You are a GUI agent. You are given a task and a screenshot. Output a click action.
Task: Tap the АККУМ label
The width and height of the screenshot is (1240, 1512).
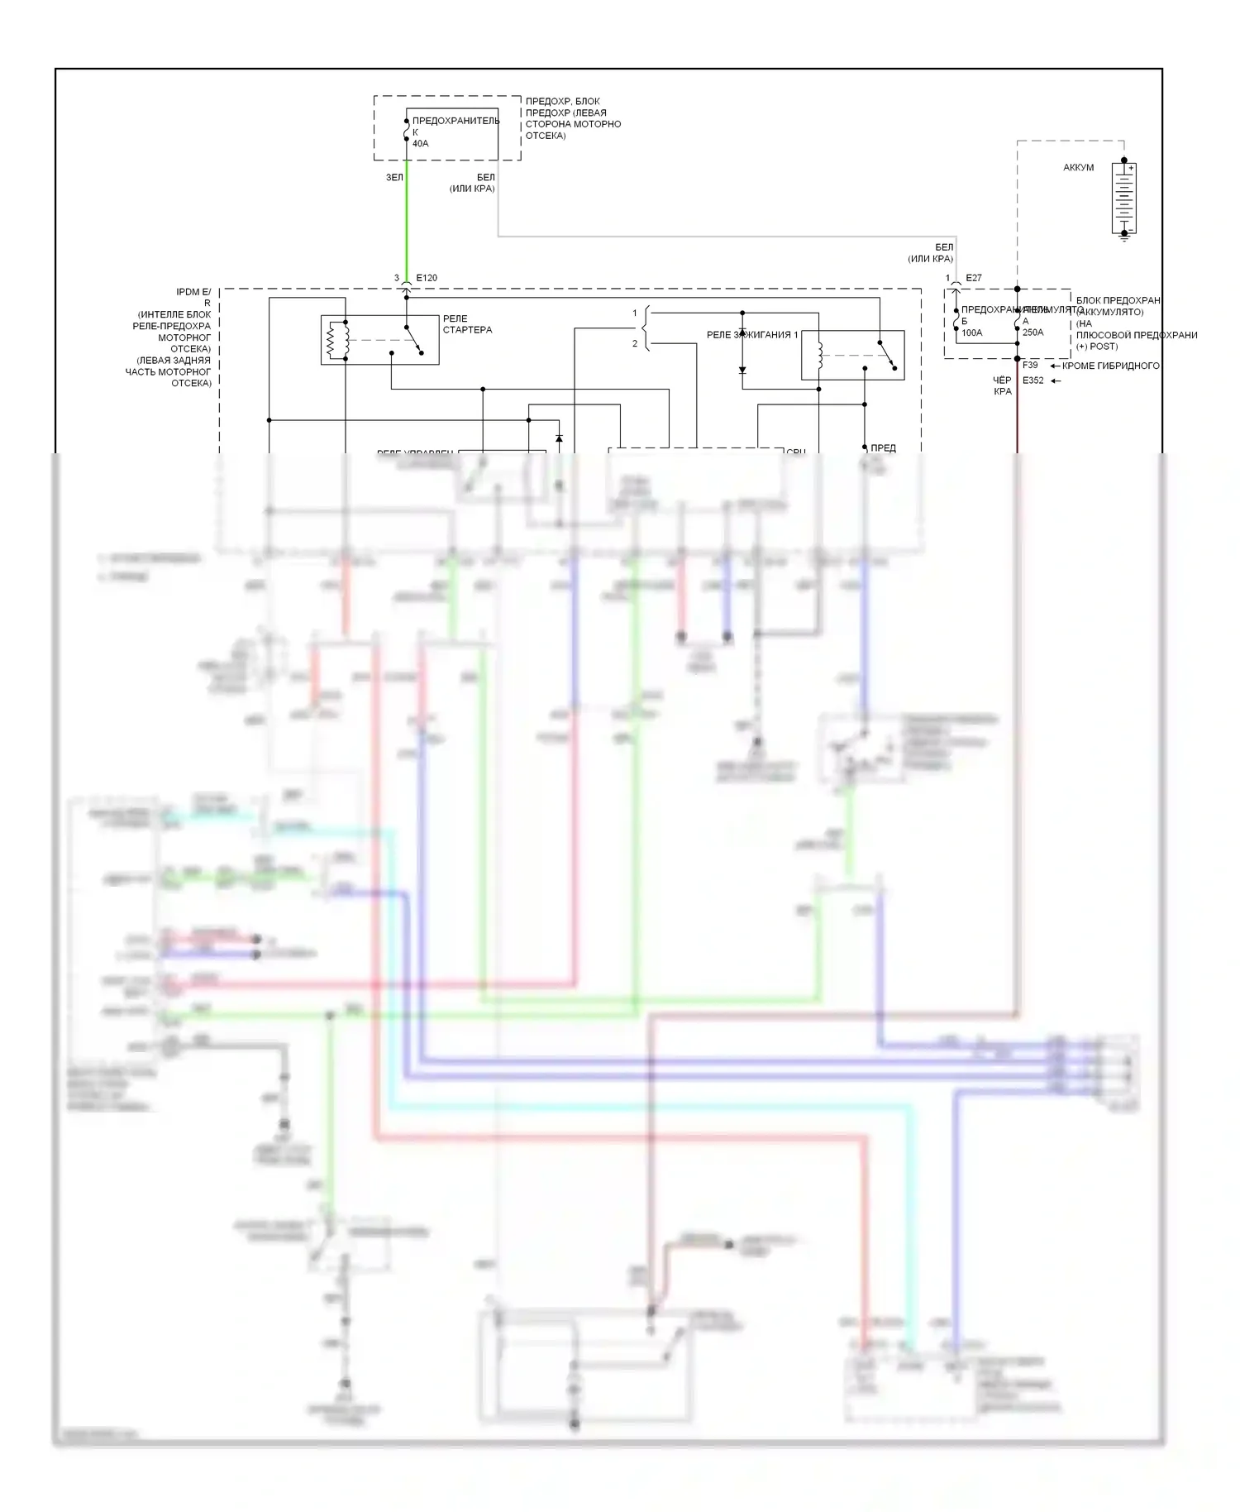coord(1078,168)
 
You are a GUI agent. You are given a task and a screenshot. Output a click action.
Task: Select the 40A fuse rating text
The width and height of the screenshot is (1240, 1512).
coord(420,144)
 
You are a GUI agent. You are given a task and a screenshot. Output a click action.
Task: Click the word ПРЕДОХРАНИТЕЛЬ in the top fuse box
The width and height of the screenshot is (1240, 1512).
coord(455,121)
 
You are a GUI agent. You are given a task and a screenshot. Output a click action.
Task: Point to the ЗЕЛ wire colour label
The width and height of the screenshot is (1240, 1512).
coord(394,178)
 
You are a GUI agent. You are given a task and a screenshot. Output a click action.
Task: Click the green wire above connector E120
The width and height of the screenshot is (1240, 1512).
coord(406,223)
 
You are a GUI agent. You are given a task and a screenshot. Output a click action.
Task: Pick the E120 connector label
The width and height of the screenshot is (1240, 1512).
coord(427,278)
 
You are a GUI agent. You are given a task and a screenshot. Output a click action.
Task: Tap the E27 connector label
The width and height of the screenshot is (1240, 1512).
coord(974,278)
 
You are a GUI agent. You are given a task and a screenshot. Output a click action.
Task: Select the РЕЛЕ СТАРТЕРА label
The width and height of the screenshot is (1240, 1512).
coord(467,324)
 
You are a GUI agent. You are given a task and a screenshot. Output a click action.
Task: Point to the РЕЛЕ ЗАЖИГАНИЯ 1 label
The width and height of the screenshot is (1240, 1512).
coord(752,335)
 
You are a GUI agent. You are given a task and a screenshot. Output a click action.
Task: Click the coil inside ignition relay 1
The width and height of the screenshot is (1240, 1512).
coord(819,355)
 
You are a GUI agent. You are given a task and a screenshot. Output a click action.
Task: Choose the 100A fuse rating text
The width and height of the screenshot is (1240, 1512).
coord(971,333)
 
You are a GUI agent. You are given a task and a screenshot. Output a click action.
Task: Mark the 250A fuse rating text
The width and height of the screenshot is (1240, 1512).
coord(1033,333)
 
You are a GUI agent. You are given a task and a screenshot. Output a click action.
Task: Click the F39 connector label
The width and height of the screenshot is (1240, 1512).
coord(1030,365)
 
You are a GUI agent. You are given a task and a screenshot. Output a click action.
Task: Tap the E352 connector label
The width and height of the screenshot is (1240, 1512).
coord(1033,380)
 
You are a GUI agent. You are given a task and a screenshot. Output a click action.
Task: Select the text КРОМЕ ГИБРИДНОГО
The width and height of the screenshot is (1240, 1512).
coord(1110,366)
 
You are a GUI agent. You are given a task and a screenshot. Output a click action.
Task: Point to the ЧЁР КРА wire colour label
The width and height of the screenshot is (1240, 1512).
coord(1002,385)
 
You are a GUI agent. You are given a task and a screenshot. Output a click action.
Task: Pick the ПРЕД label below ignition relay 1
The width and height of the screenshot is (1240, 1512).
coord(883,447)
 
